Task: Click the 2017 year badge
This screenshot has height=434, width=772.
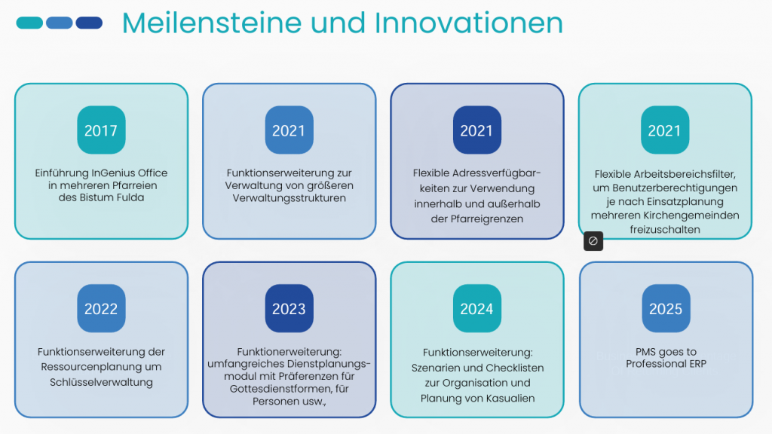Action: (x=102, y=130)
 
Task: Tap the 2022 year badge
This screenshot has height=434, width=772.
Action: (x=102, y=308)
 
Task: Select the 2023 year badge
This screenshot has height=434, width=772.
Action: (x=289, y=308)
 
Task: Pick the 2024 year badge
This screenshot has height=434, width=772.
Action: (x=477, y=308)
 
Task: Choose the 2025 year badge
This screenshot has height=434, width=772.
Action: (x=666, y=308)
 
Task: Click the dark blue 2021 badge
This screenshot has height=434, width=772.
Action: (x=477, y=130)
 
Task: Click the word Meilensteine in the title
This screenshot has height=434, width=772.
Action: (x=212, y=23)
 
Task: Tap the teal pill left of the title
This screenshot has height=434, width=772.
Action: (x=29, y=23)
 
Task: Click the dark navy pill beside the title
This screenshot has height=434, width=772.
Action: (x=89, y=23)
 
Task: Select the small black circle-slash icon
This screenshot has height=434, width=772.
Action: (x=593, y=241)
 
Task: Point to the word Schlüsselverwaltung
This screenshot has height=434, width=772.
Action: (x=102, y=382)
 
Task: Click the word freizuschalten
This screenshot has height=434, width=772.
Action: (x=665, y=230)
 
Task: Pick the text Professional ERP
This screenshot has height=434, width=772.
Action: (x=666, y=364)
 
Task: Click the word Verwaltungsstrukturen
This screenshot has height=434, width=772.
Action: (x=289, y=198)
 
